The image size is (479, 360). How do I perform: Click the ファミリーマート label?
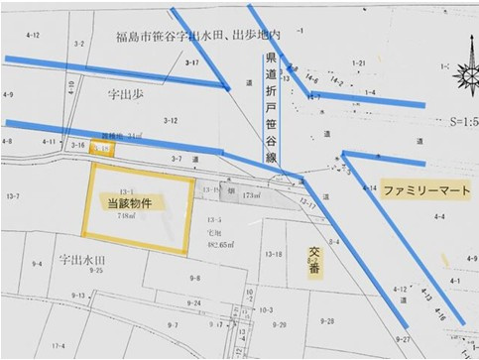pos(421,187)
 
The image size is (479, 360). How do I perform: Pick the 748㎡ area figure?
pos(130,213)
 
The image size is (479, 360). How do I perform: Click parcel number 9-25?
pos(96,270)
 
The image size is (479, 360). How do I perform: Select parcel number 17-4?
pos(60,344)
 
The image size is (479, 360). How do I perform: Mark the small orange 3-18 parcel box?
pos(102,149)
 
